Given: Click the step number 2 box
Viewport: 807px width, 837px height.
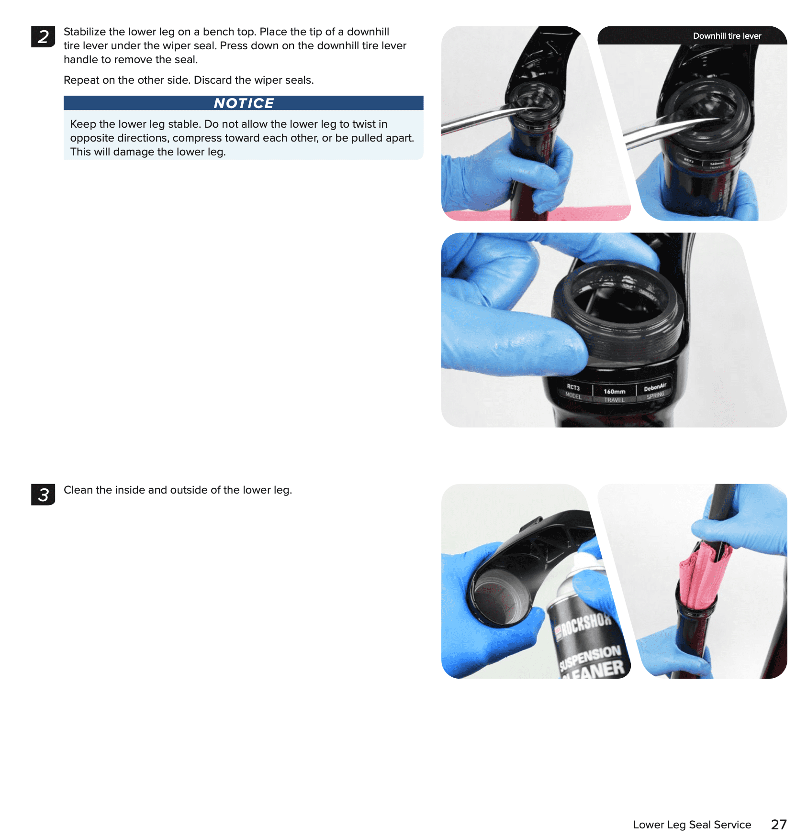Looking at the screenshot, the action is (43, 37).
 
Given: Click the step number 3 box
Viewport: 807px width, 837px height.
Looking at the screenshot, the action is (43, 495).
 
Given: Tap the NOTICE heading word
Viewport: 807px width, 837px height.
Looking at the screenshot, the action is (244, 103).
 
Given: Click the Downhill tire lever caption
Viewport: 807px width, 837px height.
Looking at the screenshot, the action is (727, 36).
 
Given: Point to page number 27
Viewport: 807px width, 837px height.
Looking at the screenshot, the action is (779, 825).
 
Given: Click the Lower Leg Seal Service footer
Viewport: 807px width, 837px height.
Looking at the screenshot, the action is (692, 825).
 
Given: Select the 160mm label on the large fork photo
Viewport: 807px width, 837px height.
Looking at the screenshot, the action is (615, 391).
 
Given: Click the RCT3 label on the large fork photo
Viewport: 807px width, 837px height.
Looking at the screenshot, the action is (573, 387).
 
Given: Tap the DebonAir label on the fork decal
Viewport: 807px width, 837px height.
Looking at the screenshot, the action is (655, 387).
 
